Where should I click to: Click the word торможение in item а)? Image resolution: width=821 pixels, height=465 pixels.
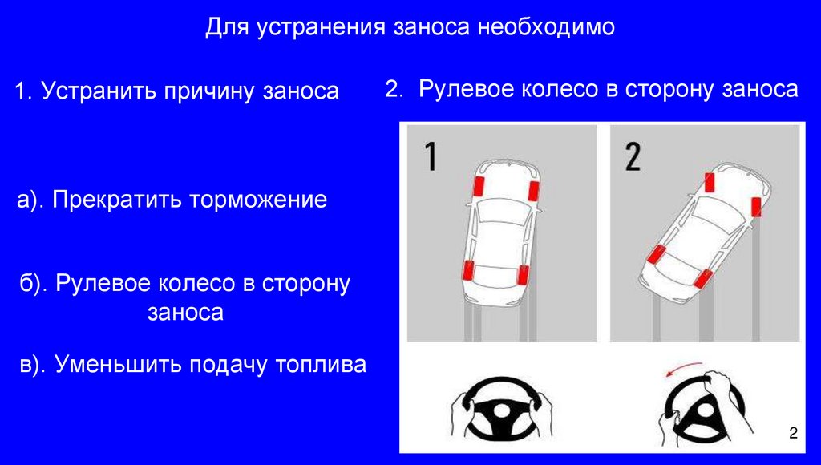point(257,200)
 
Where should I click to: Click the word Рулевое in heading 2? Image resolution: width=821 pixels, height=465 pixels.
point(467,89)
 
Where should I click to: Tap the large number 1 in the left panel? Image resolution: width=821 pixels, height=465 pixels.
point(431,156)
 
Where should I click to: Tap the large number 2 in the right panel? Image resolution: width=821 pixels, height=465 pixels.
point(633,156)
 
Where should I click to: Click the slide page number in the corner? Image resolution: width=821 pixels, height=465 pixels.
point(793,434)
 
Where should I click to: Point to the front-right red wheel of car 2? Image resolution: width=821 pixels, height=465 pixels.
point(756,208)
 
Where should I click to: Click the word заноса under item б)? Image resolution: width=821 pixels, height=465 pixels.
point(184,313)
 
